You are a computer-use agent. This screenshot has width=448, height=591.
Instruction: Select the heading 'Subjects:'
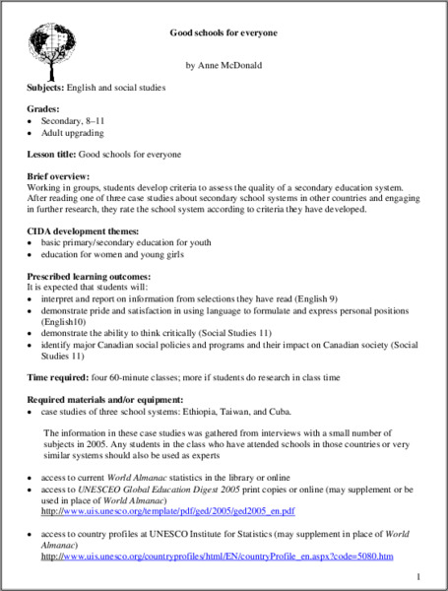(x=45, y=88)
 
